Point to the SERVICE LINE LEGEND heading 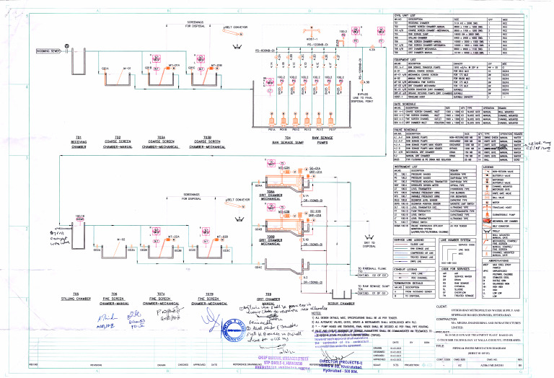[x=409, y=239]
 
